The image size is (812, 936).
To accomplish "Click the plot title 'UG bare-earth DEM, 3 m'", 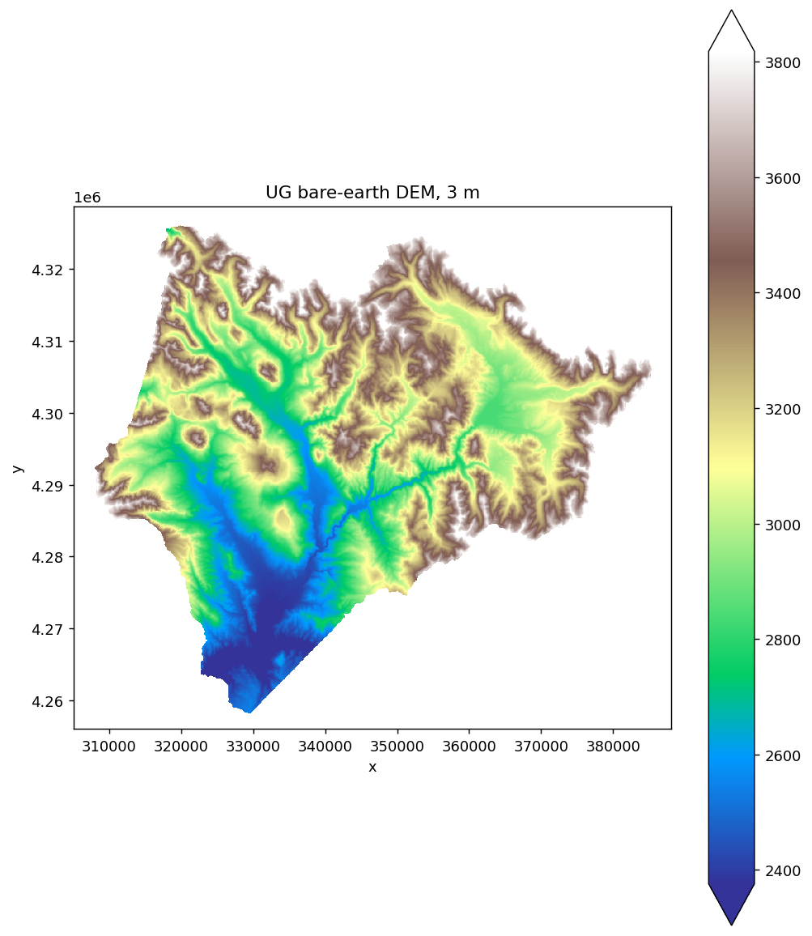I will (x=372, y=193).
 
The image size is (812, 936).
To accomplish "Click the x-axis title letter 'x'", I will (x=372, y=767).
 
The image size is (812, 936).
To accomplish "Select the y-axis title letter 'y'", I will (x=17, y=468).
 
